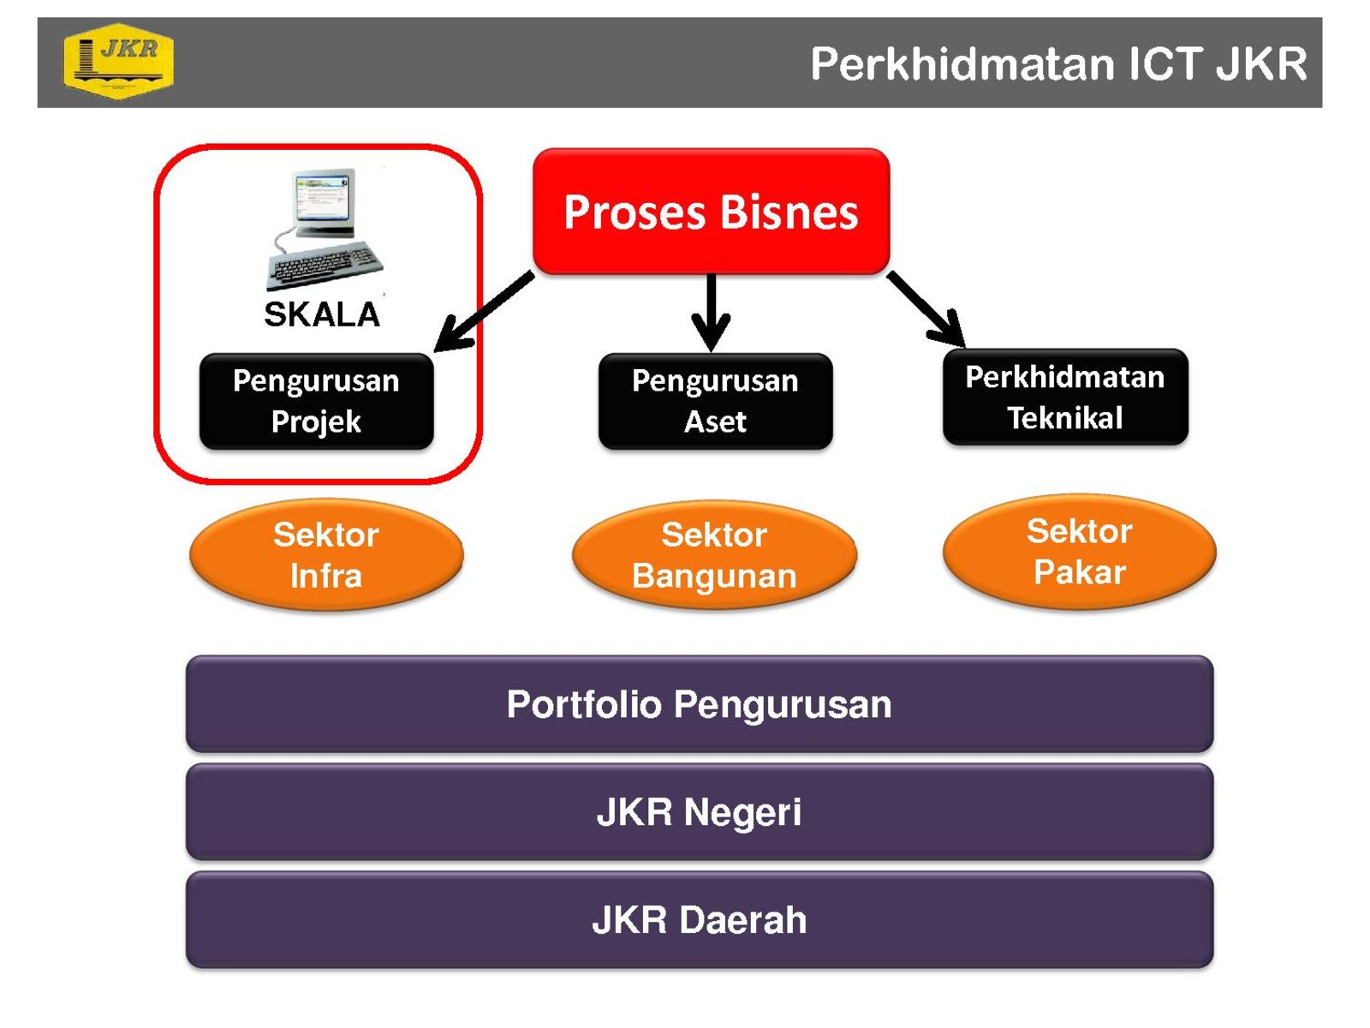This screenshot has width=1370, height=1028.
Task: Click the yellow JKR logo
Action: (118, 61)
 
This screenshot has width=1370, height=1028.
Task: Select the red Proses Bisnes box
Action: (711, 211)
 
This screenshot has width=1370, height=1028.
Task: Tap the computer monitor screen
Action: (322, 197)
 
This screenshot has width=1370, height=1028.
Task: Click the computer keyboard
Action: (325, 265)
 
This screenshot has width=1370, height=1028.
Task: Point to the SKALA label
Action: (321, 314)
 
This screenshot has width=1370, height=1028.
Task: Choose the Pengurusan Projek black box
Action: (317, 401)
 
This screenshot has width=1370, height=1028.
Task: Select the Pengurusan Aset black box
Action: (715, 401)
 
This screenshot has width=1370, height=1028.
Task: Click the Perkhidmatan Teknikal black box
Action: (1065, 397)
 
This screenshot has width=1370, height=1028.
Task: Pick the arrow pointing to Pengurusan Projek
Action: (484, 312)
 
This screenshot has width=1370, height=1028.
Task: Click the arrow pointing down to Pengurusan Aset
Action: (711, 312)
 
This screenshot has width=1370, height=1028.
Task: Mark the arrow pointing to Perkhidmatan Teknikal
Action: (926, 309)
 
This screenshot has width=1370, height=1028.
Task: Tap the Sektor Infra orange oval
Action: (326, 554)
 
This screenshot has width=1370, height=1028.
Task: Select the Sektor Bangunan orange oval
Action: (715, 554)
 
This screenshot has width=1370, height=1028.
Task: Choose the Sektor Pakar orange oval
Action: (1080, 551)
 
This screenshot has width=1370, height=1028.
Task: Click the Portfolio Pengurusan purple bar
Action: (700, 704)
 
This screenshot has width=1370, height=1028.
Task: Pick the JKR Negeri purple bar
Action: (700, 812)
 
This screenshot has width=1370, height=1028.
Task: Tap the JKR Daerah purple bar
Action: (700, 920)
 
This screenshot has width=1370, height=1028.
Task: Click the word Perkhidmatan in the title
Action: (963, 63)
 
